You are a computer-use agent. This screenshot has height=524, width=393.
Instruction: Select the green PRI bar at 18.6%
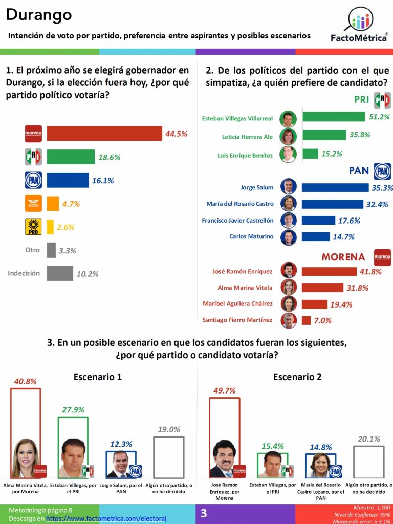coord(71,157)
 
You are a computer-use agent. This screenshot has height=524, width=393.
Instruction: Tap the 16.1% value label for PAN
coord(103,180)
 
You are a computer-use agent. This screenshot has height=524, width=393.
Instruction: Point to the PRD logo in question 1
coord(33,227)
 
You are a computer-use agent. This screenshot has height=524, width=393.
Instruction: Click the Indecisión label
coord(24,273)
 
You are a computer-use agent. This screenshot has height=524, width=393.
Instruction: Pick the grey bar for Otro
coord(51,250)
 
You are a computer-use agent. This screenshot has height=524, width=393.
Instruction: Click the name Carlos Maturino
coord(252,236)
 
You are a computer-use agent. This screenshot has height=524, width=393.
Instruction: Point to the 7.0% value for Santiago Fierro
coord(323,320)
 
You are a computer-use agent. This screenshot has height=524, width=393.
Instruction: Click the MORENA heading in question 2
coord(343,257)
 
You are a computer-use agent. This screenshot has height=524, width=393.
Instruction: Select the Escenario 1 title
coord(98,377)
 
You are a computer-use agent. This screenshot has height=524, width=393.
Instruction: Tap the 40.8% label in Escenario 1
coord(26,381)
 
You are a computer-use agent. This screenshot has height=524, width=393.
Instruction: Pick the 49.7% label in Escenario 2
coord(224,390)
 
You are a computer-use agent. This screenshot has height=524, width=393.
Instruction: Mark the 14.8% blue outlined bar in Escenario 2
coord(321,465)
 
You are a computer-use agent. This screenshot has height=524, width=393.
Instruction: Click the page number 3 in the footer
coord(204,513)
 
